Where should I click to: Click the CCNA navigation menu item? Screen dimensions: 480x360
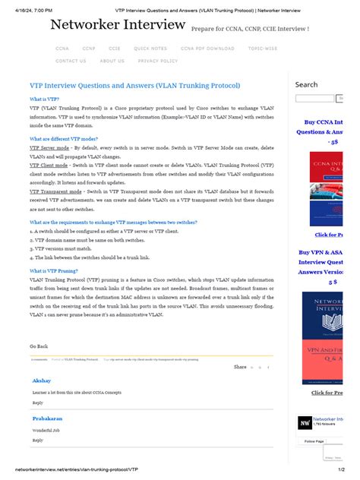coord(62,49)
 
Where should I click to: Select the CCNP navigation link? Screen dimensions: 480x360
coord(89,49)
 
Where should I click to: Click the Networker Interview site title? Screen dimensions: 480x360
coord(118,26)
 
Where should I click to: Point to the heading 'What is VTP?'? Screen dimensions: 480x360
coord(44,99)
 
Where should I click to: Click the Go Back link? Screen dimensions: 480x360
coord(39,346)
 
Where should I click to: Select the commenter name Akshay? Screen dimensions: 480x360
coord(41,380)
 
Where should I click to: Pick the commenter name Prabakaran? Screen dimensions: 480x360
coord(47,418)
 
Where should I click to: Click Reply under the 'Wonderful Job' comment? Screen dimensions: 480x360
coord(37,440)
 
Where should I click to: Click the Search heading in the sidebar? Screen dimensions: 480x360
coord(306,84)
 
